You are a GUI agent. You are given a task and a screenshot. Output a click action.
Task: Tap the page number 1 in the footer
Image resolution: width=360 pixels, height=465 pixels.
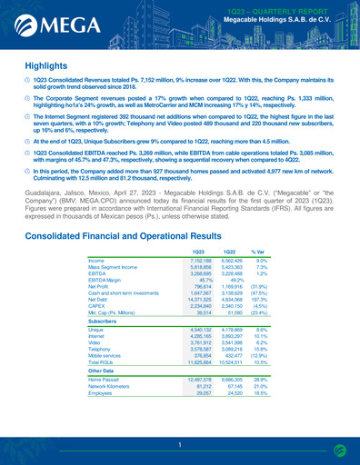pos(180,445)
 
